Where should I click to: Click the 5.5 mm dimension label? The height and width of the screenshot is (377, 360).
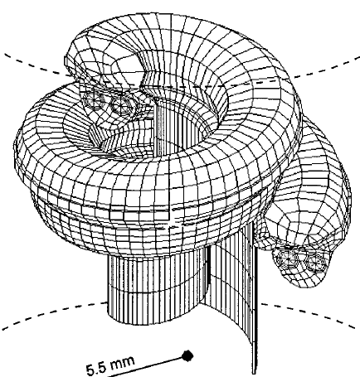110,365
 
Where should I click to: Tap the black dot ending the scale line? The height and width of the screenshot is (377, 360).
187,355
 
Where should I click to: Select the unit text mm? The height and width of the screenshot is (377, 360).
123,362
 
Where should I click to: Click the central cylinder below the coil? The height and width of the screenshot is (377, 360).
155,288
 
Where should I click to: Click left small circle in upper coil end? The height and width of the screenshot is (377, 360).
94,99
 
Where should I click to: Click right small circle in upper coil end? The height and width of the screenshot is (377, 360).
121,104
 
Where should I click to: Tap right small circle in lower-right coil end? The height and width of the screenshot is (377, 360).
314,262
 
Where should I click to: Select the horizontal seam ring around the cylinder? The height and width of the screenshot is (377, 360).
156,290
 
